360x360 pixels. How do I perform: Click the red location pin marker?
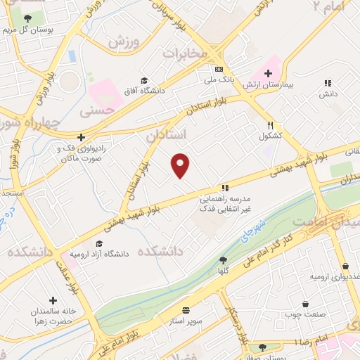tap(181, 165)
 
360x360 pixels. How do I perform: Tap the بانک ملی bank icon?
tap(219, 69)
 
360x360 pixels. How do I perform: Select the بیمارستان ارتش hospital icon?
tap(267, 72)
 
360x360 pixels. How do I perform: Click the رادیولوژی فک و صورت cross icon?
tap(82, 137)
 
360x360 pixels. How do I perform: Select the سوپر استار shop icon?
tap(186, 309)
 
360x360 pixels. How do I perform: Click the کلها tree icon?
tap(223, 260)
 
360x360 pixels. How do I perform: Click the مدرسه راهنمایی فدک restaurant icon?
tap(225, 188)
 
